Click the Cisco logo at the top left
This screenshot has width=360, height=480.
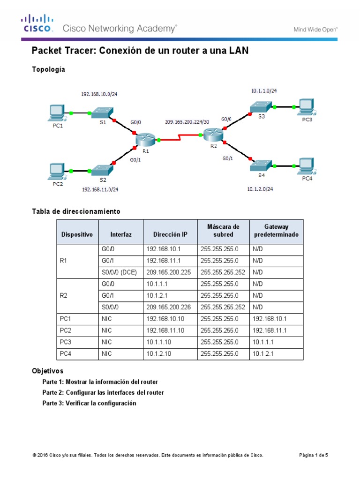(x=36, y=24)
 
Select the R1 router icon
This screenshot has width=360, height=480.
(x=145, y=139)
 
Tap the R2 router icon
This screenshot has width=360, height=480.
(x=213, y=135)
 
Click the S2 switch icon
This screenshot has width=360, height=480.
(x=102, y=170)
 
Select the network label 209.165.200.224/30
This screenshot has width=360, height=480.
(x=187, y=121)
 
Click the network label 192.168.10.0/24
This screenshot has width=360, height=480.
(x=99, y=94)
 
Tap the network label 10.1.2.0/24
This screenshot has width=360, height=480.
(x=260, y=189)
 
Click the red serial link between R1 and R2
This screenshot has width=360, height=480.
(x=180, y=138)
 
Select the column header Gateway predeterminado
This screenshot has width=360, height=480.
(x=276, y=231)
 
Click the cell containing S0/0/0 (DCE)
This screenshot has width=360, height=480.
(x=119, y=271)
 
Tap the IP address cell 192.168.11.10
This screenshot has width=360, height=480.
(x=165, y=330)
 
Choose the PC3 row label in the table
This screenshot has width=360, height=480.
(x=65, y=342)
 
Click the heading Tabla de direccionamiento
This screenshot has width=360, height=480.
(x=76, y=211)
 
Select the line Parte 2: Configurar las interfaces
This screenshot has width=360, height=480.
(x=103, y=392)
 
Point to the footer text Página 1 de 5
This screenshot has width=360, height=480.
(x=314, y=455)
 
